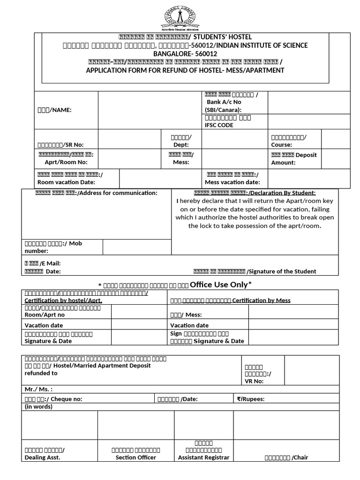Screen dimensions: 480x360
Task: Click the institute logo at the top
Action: tap(180, 17)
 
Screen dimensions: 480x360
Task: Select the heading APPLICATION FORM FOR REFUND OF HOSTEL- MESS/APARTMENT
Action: tap(185, 70)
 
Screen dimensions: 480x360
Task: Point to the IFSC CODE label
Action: tap(219, 125)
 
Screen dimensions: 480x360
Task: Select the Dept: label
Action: tap(181, 145)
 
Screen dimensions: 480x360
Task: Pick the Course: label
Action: tap(282, 145)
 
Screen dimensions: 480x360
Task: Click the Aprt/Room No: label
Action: tap(66, 162)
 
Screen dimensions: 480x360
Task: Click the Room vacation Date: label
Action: tap(66, 182)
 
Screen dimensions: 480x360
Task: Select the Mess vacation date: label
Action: tap(232, 182)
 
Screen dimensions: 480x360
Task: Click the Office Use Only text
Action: tap(221, 285)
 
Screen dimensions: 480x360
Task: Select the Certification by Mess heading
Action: tap(261, 300)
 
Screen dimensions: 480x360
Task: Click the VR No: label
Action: tap(254, 381)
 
